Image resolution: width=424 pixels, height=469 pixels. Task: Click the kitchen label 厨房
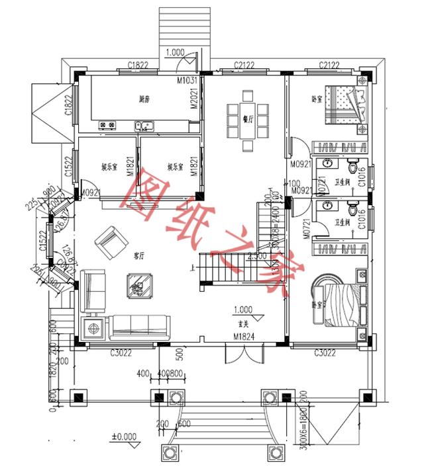tap(143, 99)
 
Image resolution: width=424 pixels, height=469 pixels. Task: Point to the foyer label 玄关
tap(243, 323)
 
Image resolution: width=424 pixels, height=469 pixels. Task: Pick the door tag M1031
tap(187, 80)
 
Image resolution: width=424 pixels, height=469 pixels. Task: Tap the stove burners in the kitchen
tap(107, 124)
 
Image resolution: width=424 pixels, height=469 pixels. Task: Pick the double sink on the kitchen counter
tap(144, 124)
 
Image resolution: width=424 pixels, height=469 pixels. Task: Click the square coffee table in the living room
tap(140, 286)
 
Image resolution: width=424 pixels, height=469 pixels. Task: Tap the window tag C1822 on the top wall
tap(137, 64)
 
